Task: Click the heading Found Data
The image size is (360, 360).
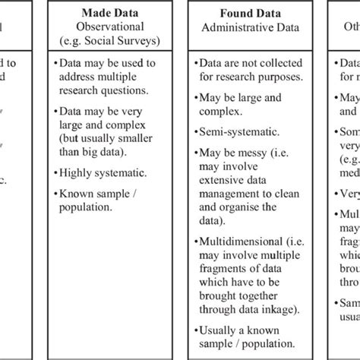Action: point(245,13)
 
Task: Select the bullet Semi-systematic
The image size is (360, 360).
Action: point(234,131)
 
